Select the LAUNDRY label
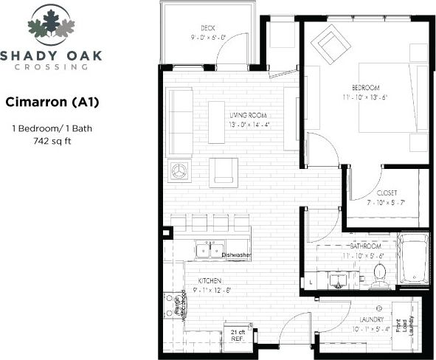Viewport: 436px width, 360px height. click(370, 319)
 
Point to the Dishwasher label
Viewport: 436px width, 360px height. click(237, 255)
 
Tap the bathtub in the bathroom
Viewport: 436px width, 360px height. click(413, 259)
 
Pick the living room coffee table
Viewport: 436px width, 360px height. click(216, 122)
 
